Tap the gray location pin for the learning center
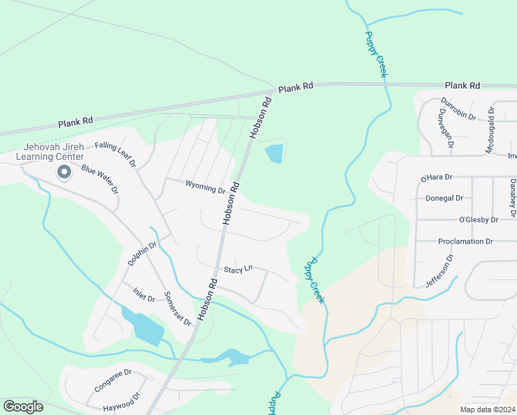[x=64, y=172]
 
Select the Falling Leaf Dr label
[x=116, y=154]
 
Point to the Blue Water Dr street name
[x=100, y=179]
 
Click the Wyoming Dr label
[x=205, y=187]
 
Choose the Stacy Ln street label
[x=238, y=268]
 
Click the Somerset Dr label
[x=178, y=308]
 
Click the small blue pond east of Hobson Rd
[x=274, y=153]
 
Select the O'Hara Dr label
[x=436, y=178]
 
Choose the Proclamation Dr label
[x=465, y=241]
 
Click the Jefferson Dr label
[x=440, y=271]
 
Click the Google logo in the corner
[x=23, y=407]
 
